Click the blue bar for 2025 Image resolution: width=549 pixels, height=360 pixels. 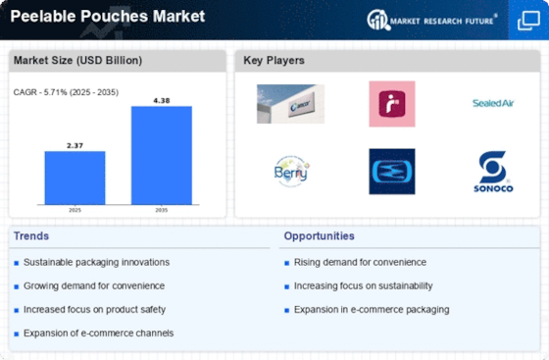[75, 178]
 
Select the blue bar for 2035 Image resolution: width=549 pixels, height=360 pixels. [162, 156]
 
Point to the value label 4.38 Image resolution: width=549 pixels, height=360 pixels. [162, 101]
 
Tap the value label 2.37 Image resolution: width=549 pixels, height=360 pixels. [75, 146]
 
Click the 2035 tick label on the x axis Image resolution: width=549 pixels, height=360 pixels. [162, 210]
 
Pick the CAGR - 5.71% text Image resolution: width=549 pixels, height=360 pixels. [40, 92]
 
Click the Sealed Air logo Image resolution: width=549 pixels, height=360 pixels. [493, 103]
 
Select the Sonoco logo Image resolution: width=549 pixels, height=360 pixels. [493, 172]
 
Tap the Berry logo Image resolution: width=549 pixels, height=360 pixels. [291, 172]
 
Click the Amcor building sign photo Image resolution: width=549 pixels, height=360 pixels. [290, 104]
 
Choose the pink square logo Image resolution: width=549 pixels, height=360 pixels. [392, 104]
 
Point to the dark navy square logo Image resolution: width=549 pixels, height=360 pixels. [392, 172]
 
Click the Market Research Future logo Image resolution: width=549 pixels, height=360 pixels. [431, 21]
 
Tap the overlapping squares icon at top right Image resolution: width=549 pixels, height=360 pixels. [528, 21]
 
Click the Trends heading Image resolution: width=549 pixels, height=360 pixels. [31, 236]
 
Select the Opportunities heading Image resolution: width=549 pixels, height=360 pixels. [319, 236]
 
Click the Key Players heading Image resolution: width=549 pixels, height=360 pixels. [274, 61]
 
